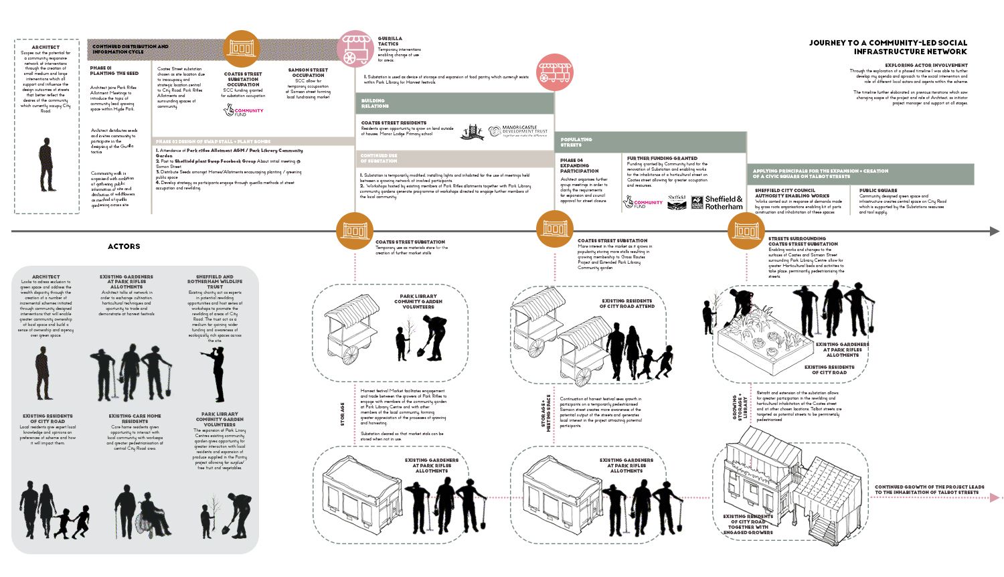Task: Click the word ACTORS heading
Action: coord(124,246)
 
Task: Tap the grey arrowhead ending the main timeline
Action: coord(995,232)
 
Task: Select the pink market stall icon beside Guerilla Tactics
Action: coord(357,49)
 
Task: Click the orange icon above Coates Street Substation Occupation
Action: coord(242,49)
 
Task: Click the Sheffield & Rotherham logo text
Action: coord(724,202)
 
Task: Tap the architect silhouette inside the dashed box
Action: coord(47,164)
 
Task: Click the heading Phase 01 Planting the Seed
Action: coord(114,70)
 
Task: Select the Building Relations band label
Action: coord(375,103)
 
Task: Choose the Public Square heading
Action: coord(878,190)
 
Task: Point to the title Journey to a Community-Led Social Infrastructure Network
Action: coord(888,47)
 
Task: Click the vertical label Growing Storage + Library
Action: coord(739,406)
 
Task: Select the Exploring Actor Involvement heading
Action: coord(926,66)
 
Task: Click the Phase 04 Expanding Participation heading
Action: coord(579,166)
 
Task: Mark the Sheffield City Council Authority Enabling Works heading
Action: coord(792,193)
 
